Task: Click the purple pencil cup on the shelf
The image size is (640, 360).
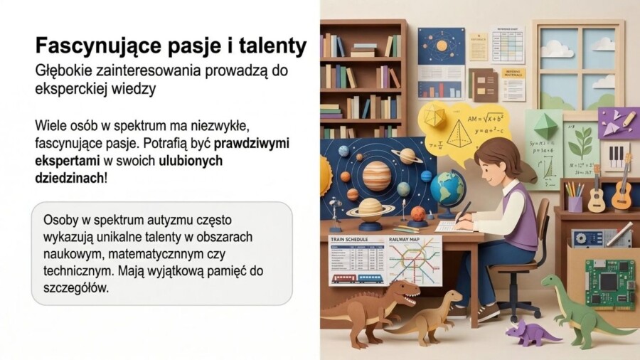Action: coord(574,203)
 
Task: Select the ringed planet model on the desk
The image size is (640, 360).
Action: coord(370,207)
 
